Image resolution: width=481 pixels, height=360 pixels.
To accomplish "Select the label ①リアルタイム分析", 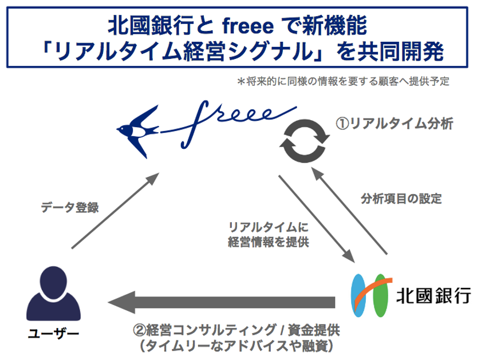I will point(395,123).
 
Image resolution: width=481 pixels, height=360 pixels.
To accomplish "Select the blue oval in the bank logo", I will point(360,295).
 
